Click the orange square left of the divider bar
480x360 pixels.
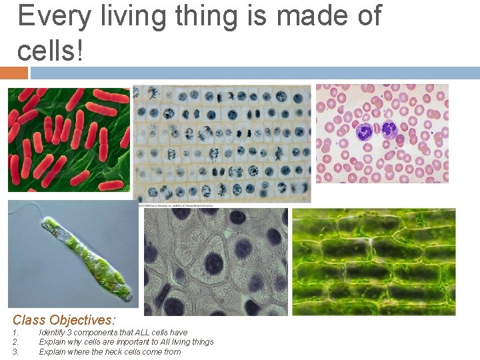[x=13, y=73]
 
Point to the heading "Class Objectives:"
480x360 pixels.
[x=64, y=320]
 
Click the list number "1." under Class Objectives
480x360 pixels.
[x=16, y=332]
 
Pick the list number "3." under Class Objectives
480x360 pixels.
[x=16, y=351]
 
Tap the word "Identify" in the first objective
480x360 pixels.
[x=53, y=332]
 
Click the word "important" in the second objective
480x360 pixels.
[x=116, y=342]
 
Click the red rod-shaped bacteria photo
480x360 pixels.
[x=69, y=140]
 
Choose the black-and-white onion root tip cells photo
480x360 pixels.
[x=221, y=143]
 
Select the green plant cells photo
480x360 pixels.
[x=373, y=261]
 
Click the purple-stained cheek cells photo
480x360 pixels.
[x=216, y=261]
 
